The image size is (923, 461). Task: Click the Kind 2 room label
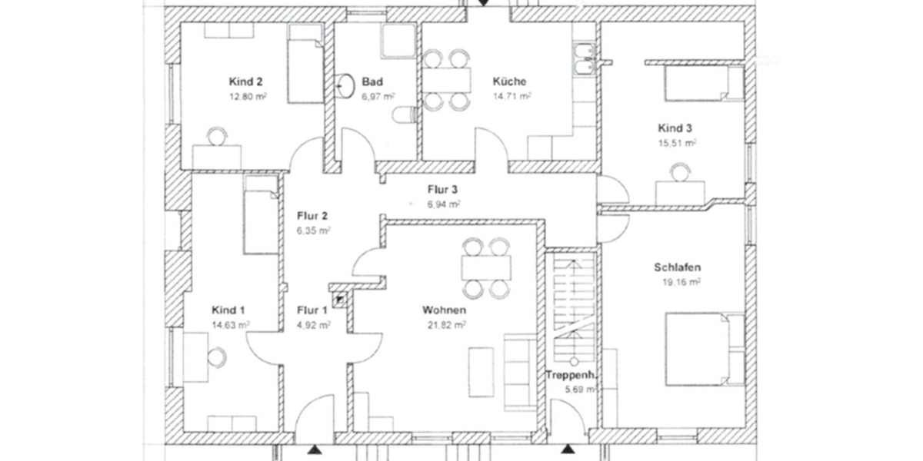(x=246, y=81)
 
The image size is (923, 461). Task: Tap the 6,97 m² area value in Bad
(x=378, y=96)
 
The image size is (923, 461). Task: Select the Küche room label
(x=509, y=81)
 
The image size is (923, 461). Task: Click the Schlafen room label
(x=677, y=267)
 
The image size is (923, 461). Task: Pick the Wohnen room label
(x=444, y=310)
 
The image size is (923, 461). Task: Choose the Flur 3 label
(x=444, y=189)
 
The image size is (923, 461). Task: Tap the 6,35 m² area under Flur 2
(x=314, y=230)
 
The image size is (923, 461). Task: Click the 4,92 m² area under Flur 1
(x=313, y=325)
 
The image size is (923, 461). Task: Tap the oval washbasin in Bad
(x=345, y=83)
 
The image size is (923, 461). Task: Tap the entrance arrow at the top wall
(x=482, y=4)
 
